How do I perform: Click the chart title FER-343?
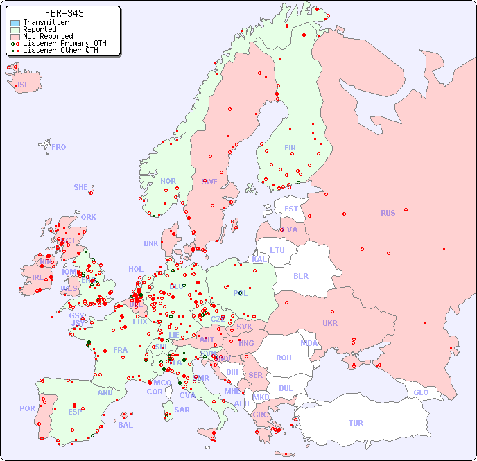(64, 13)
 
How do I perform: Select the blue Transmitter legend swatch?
(15, 23)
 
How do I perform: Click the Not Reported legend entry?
(47, 36)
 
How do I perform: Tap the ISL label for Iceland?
(23, 85)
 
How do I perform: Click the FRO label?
(59, 147)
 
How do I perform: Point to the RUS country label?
(388, 213)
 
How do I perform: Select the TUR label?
(356, 423)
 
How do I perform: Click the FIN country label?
(290, 148)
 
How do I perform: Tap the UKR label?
(330, 323)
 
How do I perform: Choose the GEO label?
(421, 392)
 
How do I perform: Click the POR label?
(27, 408)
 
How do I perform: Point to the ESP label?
(75, 412)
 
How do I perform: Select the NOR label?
(168, 181)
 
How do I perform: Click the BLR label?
(300, 275)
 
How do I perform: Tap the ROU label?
(284, 358)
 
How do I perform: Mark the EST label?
(291, 209)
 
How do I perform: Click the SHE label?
(81, 187)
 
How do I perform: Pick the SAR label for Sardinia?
(182, 410)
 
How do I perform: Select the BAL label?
(125, 425)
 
